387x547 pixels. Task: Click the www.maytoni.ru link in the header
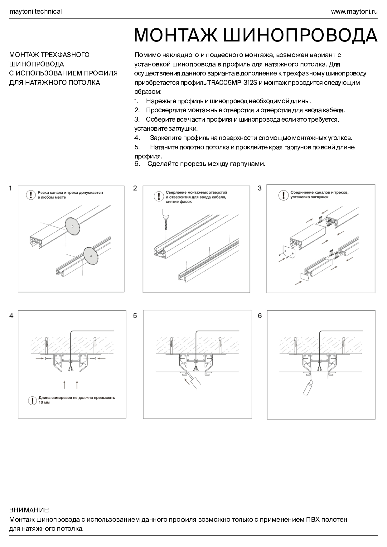point(354,12)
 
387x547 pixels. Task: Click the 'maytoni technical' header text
point(36,12)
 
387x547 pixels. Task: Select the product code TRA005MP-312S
point(230,83)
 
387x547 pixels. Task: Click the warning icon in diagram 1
point(31,195)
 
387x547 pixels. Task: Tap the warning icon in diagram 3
point(283,195)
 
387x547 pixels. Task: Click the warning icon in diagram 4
point(32,400)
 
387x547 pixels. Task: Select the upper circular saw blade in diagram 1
point(72,225)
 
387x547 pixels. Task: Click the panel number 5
point(135,316)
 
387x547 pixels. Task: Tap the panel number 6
point(260,316)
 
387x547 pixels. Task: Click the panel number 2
point(135,188)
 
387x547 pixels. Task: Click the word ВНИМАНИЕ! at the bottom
point(29,510)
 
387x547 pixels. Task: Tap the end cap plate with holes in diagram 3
point(289,252)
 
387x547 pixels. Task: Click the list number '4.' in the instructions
point(137,138)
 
